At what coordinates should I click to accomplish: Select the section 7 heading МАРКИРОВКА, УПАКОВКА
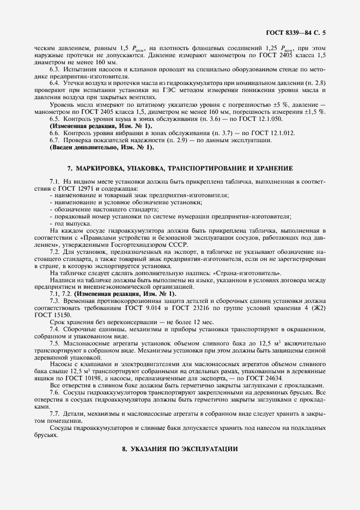click(180, 168)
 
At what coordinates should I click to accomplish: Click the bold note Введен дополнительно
click(102, 147)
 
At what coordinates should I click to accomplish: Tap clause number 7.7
click(55, 414)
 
